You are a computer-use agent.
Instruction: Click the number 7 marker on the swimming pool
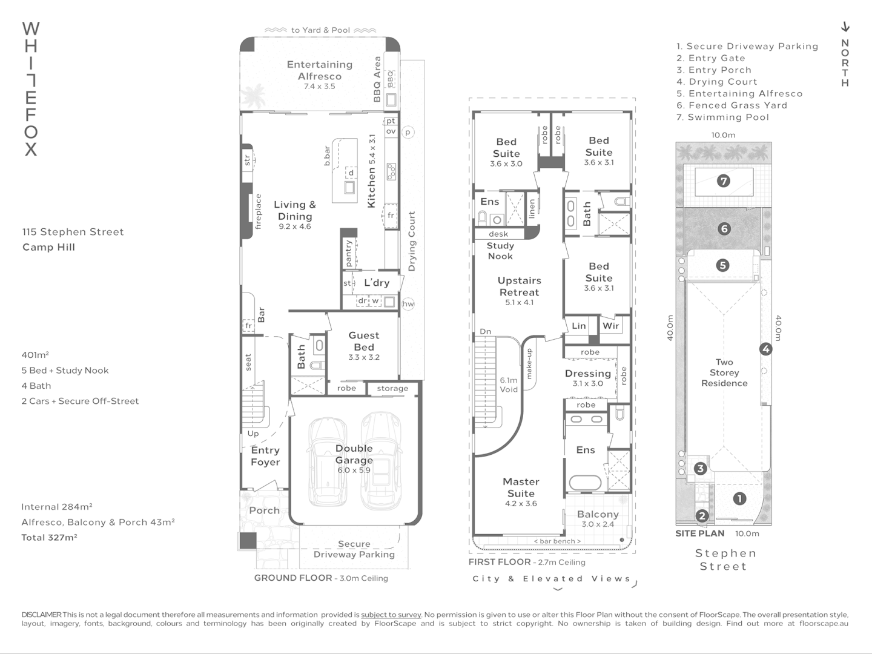(x=724, y=182)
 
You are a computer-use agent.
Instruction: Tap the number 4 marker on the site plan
(x=765, y=349)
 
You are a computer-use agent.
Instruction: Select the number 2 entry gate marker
(x=702, y=516)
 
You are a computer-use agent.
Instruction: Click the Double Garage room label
(x=354, y=454)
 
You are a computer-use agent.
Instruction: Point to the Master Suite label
(x=521, y=487)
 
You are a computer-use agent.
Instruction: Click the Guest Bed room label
(x=364, y=341)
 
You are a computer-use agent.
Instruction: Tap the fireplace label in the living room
(x=258, y=211)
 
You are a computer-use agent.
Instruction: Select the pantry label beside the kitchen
(x=349, y=253)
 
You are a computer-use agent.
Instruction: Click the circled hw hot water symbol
(x=408, y=304)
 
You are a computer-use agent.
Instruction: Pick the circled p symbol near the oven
(x=408, y=132)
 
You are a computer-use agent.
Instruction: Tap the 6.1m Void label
(x=509, y=385)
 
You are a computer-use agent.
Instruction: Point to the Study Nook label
(x=500, y=251)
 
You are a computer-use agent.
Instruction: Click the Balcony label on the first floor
(x=598, y=514)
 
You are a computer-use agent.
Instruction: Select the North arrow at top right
(x=845, y=27)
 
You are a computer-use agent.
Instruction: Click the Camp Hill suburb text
(x=48, y=247)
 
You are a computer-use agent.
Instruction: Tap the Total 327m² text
(x=49, y=537)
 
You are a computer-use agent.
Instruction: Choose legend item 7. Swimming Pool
(x=722, y=117)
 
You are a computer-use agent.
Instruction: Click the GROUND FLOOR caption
(x=292, y=578)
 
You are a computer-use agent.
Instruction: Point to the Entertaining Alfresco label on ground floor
(x=319, y=70)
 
